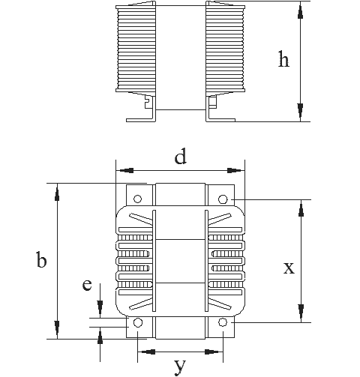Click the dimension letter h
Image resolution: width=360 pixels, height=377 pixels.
coord(283,59)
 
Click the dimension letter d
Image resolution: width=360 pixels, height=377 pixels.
coord(181,156)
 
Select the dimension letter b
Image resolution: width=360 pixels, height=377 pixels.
coord(41,260)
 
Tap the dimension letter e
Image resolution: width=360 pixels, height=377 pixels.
coord(87,285)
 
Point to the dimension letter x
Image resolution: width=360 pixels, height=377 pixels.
coord(289,268)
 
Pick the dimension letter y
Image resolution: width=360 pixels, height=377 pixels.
coord(180,367)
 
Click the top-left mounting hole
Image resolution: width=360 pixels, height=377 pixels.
coord(138,199)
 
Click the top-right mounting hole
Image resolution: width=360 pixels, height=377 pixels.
coord(223,199)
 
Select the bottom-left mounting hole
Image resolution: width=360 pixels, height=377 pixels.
coord(138,322)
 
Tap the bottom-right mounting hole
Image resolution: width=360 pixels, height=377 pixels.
coord(222,322)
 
